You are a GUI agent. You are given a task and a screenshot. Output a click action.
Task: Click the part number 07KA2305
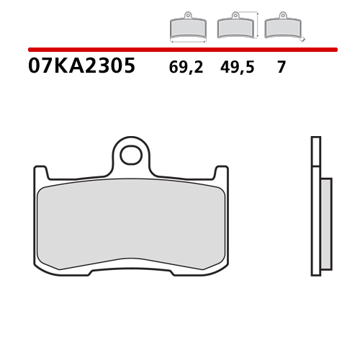click(81, 67)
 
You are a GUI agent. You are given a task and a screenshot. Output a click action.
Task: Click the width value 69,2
click(186, 68)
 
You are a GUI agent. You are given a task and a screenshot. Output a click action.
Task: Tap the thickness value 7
click(281, 68)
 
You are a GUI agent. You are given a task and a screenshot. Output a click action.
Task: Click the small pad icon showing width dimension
click(187, 27)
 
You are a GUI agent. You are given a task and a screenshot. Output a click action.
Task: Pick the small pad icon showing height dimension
click(235, 27)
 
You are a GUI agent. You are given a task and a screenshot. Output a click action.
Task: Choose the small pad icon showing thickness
click(282, 27)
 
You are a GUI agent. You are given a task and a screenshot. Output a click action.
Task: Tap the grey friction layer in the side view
click(325, 223)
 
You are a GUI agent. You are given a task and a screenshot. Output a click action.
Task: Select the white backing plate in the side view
click(315, 209)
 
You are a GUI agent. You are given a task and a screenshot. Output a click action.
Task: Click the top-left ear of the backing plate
click(41, 173)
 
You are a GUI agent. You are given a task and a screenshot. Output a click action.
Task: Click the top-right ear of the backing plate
click(221, 173)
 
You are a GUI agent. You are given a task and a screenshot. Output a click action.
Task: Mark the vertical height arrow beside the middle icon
click(256, 25)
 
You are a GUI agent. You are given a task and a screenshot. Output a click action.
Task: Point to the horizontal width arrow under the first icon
click(187, 42)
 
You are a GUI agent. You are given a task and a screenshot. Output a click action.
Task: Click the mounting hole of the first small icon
click(187, 15)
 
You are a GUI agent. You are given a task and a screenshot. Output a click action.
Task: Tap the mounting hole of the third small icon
click(282, 15)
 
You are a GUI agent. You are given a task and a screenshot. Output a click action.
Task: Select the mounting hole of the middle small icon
click(235, 15)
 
